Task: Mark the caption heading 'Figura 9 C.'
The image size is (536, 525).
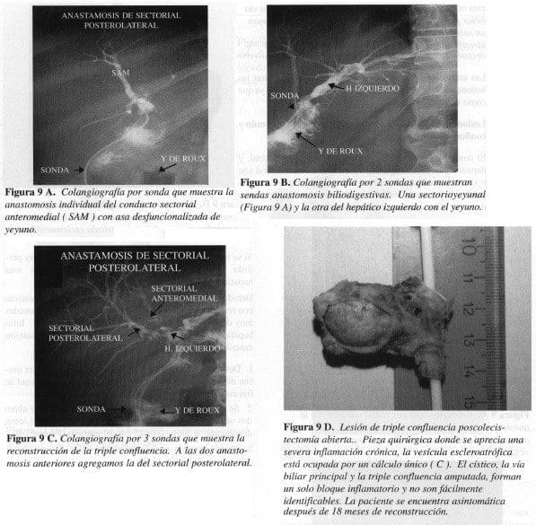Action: [x=32, y=438]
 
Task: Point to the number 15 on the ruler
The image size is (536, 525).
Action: [x=468, y=392]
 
